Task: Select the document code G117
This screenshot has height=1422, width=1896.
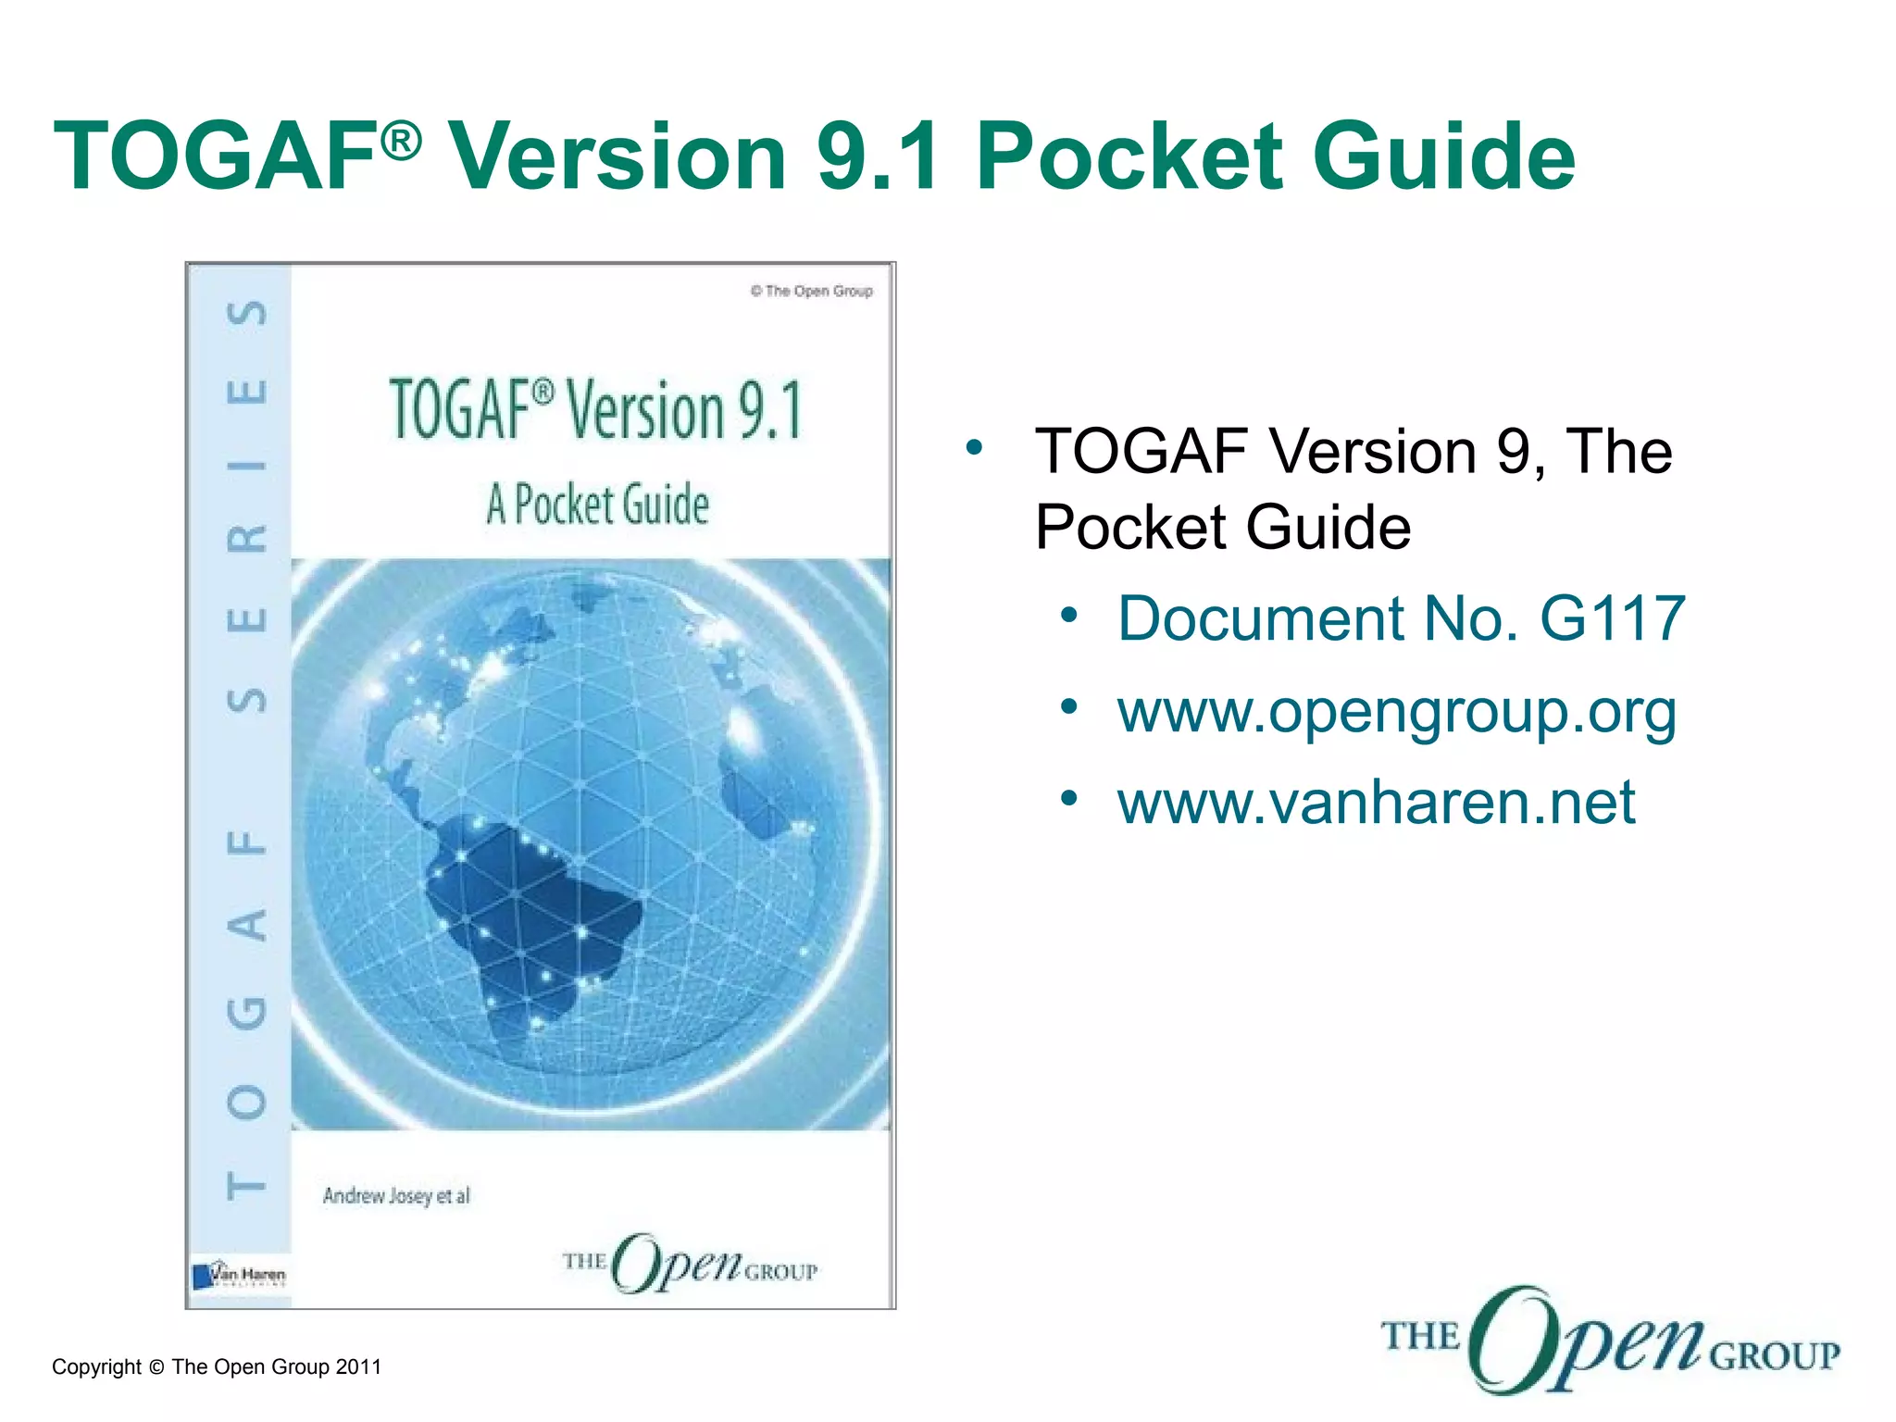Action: pos(1612,618)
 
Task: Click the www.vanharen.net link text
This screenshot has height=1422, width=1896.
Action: pos(1376,802)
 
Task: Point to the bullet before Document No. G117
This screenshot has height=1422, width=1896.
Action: pos(1069,615)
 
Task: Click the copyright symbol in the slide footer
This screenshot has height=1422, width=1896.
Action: pos(156,1367)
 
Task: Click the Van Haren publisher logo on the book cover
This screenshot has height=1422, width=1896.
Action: pos(238,1275)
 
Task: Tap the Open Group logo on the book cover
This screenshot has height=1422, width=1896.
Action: pos(690,1264)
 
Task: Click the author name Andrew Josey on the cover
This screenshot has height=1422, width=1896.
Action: pos(377,1196)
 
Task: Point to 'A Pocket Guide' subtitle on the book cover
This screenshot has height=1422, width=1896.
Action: pos(597,505)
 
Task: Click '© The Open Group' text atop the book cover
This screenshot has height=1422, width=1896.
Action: pos(811,292)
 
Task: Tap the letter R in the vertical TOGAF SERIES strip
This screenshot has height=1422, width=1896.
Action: pos(247,538)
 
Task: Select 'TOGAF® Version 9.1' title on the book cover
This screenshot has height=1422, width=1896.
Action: pos(595,410)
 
